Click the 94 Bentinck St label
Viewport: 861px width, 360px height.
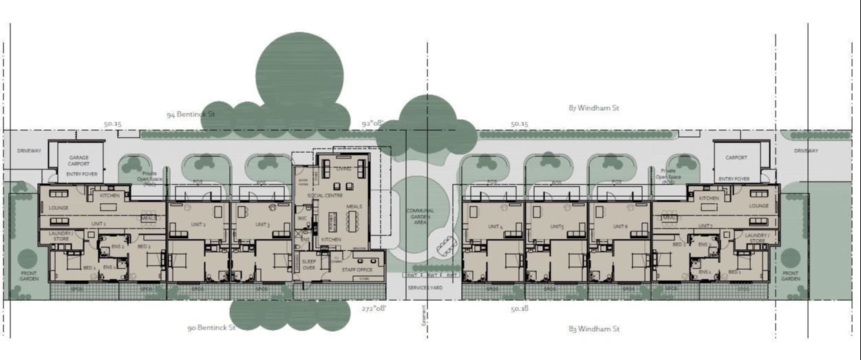[191, 114]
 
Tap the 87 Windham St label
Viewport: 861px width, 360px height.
[594, 108]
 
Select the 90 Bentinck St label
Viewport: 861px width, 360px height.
[211, 328]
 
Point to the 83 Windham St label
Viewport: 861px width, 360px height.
[595, 329]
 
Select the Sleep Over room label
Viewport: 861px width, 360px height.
[309, 264]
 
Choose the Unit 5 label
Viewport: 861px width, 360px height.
[557, 226]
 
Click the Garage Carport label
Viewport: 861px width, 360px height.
[78, 161]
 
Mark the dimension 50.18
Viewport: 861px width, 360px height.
[520, 309]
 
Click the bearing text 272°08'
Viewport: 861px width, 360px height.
[374, 309]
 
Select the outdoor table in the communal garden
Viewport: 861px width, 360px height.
[447, 245]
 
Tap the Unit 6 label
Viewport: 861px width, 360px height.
[620, 226]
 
